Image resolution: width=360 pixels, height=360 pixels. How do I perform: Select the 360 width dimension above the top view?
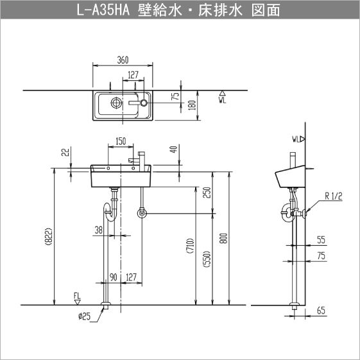pyautogui.click(x=123, y=60)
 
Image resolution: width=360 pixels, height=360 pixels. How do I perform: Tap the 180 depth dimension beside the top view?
pyautogui.click(x=192, y=105)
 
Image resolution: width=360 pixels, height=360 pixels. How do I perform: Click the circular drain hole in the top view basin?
pyautogui.click(x=116, y=103)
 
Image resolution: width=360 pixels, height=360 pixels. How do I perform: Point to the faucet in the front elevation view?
pyautogui.click(x=140, y=159)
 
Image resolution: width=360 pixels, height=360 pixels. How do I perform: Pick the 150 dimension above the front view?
pyautogui.click(x=120, y=141)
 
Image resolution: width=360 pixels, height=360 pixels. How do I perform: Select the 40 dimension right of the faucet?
pyautogui.click(x=173, y=151)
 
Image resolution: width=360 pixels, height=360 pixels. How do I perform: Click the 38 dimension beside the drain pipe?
pyautogui.click(x=98, y=230)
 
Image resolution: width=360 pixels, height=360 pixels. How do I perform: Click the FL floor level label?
pyautogui.click(x=77, y=295)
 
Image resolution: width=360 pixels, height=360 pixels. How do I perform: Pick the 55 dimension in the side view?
pyautogui.click(x=321, y=240)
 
